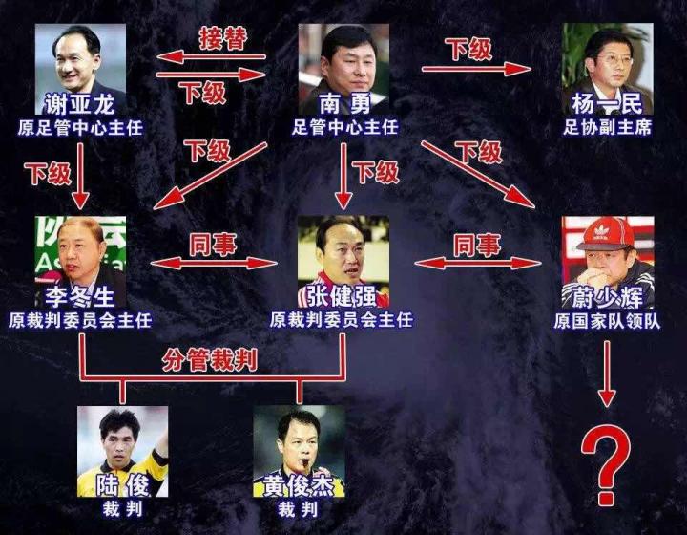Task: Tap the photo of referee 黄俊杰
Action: coord(298,439)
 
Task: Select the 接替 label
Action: coord(222,39)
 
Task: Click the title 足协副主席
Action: coord(608,126)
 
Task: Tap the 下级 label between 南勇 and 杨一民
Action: coord(469,49)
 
